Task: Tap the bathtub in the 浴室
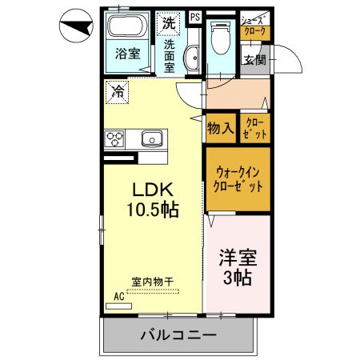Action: click(126, 31)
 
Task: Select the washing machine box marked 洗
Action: click(168, 23)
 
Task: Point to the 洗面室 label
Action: click(169, 57)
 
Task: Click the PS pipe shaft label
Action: click(195, 15)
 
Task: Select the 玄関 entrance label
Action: click(254, 60)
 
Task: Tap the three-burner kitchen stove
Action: click(114, 138)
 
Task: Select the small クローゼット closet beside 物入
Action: click(257, 127)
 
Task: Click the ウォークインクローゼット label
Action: click(237, 178)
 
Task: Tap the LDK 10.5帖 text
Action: click(151, 201)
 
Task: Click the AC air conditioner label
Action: click(118, 295)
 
